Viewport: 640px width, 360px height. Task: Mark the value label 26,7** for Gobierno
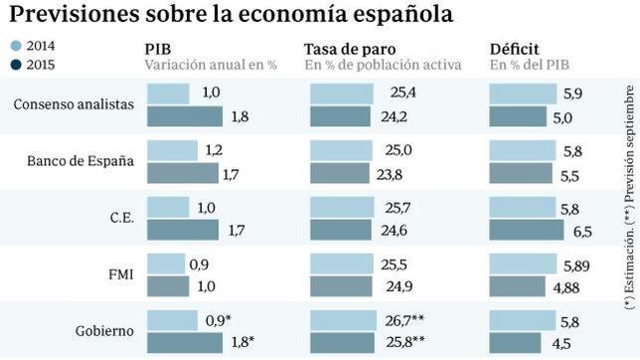pyautogui.click(x=411, y=320)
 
